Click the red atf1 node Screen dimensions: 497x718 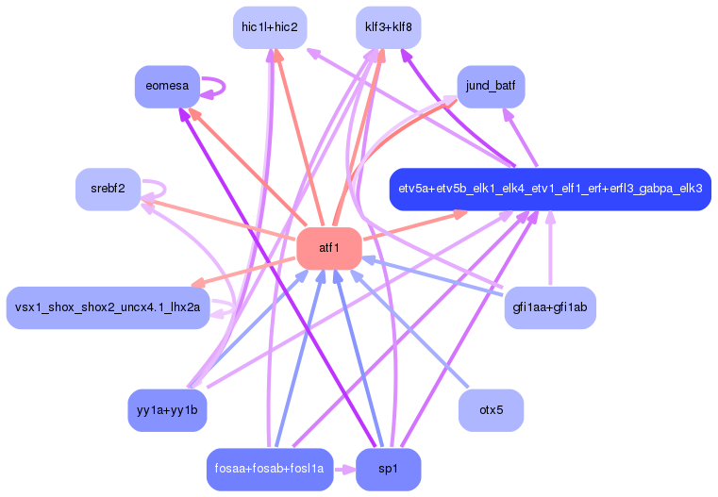click(329, 248)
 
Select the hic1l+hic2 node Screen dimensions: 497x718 click(270, 27)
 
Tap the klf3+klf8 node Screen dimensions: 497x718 click(388, 27)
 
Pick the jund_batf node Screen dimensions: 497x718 click(491, 87)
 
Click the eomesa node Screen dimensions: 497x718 click(167, 87)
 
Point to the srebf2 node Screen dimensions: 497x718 click(109, 190)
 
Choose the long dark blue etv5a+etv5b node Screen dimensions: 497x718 click(549, 189)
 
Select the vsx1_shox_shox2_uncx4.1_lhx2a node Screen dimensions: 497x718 click(109, 307)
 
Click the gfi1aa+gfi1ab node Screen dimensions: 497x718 click(549, 307)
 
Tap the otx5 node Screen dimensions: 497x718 click(491, 410)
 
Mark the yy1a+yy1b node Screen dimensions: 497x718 click(167, 410)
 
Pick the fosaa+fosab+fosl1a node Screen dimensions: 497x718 click(270, 469)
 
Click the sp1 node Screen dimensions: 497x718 click(388, 469)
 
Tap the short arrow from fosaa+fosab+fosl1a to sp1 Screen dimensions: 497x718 click(344, 469)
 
